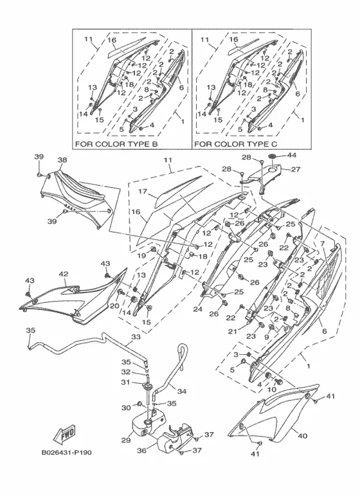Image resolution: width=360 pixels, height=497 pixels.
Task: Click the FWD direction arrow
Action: click(65, 433)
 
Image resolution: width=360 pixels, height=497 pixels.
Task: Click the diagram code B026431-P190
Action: click(67, 452)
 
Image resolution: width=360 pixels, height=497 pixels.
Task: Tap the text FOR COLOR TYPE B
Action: click(116, 144)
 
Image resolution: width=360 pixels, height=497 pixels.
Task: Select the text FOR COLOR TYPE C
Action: click(235, 144)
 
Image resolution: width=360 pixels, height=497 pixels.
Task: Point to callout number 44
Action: click(292, 156)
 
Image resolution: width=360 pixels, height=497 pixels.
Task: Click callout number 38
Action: click(62, 160)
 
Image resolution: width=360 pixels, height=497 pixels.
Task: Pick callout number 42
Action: click(64, 274)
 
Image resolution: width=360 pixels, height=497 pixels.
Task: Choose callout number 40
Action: click(303, 436)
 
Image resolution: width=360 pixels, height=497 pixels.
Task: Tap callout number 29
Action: click(126, 440)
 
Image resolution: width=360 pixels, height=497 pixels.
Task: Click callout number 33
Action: click(136, 337)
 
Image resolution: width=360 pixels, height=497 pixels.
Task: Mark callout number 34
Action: click(181, 392)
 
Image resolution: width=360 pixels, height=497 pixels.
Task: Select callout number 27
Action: click(295, 170)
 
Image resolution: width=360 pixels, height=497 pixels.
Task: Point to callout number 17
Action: click(143, 192)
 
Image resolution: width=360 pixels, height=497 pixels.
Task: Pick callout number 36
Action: click(141, 450)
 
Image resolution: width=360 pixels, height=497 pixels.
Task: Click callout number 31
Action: click(126, 383)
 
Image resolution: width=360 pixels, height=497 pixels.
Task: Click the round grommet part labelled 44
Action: click(272, 156)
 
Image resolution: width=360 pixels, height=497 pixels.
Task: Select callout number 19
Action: click(141, 255)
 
